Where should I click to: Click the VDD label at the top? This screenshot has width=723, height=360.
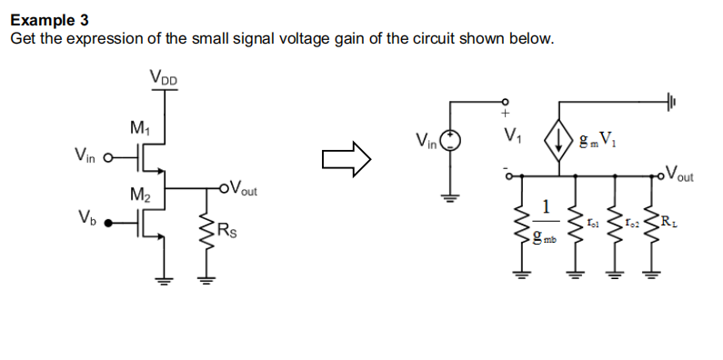point(165,79)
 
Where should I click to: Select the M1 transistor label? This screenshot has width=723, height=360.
point(140,127)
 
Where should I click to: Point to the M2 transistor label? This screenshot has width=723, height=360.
point(140,194)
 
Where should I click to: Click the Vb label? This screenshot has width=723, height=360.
point(88,219)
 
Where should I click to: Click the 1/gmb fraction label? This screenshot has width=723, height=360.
point(546,219)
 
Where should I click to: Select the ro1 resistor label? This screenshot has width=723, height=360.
point(593,219)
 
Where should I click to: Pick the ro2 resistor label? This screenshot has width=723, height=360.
point(634,220)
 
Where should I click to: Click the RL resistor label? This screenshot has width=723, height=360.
point(669,219)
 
